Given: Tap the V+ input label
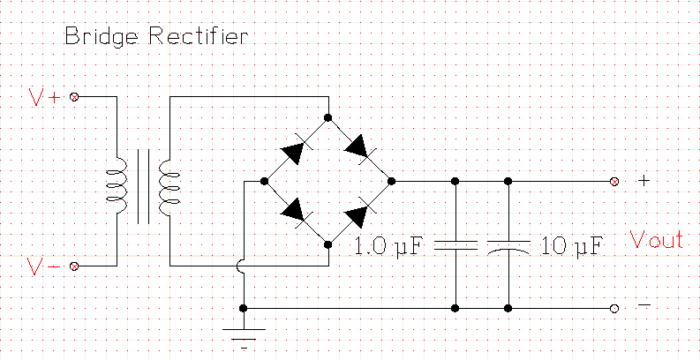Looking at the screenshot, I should [x=45, y=97].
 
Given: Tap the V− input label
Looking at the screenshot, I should [x=45, y=265].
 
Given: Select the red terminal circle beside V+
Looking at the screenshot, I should [x=74, y=97].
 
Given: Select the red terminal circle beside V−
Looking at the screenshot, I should [x=74, y=265].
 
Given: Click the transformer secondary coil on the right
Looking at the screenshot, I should [x=169, y=182].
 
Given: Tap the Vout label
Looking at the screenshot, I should [x=657, y=240].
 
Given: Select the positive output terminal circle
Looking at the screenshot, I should [x=614, y=181].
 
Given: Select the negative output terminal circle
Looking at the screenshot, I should [x=614, y=308].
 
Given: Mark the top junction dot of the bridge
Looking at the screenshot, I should [x=327, y=117].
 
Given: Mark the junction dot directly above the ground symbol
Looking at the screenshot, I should [x=244, y=308].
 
